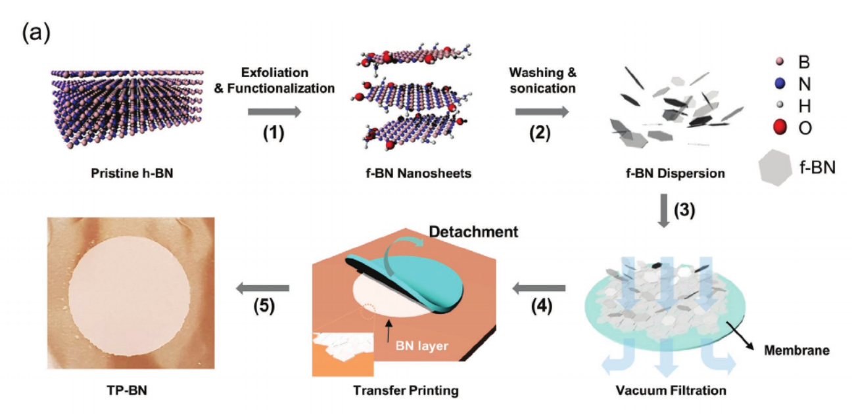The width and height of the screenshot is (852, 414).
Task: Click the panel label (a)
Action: click(35, 32)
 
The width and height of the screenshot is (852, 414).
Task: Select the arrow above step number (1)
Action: click(274, 112)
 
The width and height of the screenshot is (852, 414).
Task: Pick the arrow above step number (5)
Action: click(263, 287)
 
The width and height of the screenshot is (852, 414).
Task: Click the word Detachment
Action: click(473, 231)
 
